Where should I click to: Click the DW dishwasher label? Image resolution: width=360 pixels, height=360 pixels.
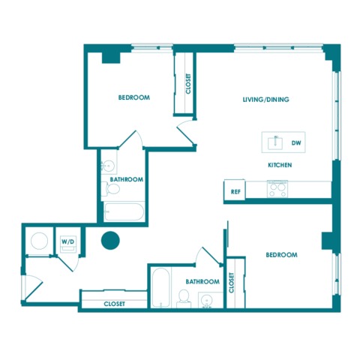296,143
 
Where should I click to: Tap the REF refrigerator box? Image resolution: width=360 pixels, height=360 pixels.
235,190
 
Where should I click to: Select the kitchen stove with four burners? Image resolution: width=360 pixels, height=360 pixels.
277,189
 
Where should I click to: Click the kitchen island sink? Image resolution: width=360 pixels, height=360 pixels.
275,143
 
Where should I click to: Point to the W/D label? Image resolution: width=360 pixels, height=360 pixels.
68,241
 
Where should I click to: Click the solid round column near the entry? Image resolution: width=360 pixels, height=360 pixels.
110,240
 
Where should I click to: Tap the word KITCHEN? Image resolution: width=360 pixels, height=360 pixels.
280,165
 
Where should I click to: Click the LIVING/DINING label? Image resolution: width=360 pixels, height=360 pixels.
266,100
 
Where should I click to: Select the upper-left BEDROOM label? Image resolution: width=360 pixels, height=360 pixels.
134,97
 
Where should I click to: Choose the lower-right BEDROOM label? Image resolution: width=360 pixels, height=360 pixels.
281,255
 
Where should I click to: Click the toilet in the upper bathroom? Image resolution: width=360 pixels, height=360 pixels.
111,189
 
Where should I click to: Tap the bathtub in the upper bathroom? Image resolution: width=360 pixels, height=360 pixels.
124,211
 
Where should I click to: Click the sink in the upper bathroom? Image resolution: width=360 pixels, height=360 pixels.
109,165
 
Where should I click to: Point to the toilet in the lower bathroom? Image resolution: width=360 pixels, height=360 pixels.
184,298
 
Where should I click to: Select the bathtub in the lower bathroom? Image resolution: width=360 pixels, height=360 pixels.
160,287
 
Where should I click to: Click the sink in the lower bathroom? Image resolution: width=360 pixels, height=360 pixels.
207,299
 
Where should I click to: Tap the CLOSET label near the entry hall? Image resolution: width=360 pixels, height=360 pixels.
114,304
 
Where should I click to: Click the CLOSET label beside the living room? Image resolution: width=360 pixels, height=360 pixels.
188,83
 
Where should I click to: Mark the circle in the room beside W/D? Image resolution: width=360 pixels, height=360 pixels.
39,241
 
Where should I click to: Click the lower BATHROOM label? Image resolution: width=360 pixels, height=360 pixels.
202,282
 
